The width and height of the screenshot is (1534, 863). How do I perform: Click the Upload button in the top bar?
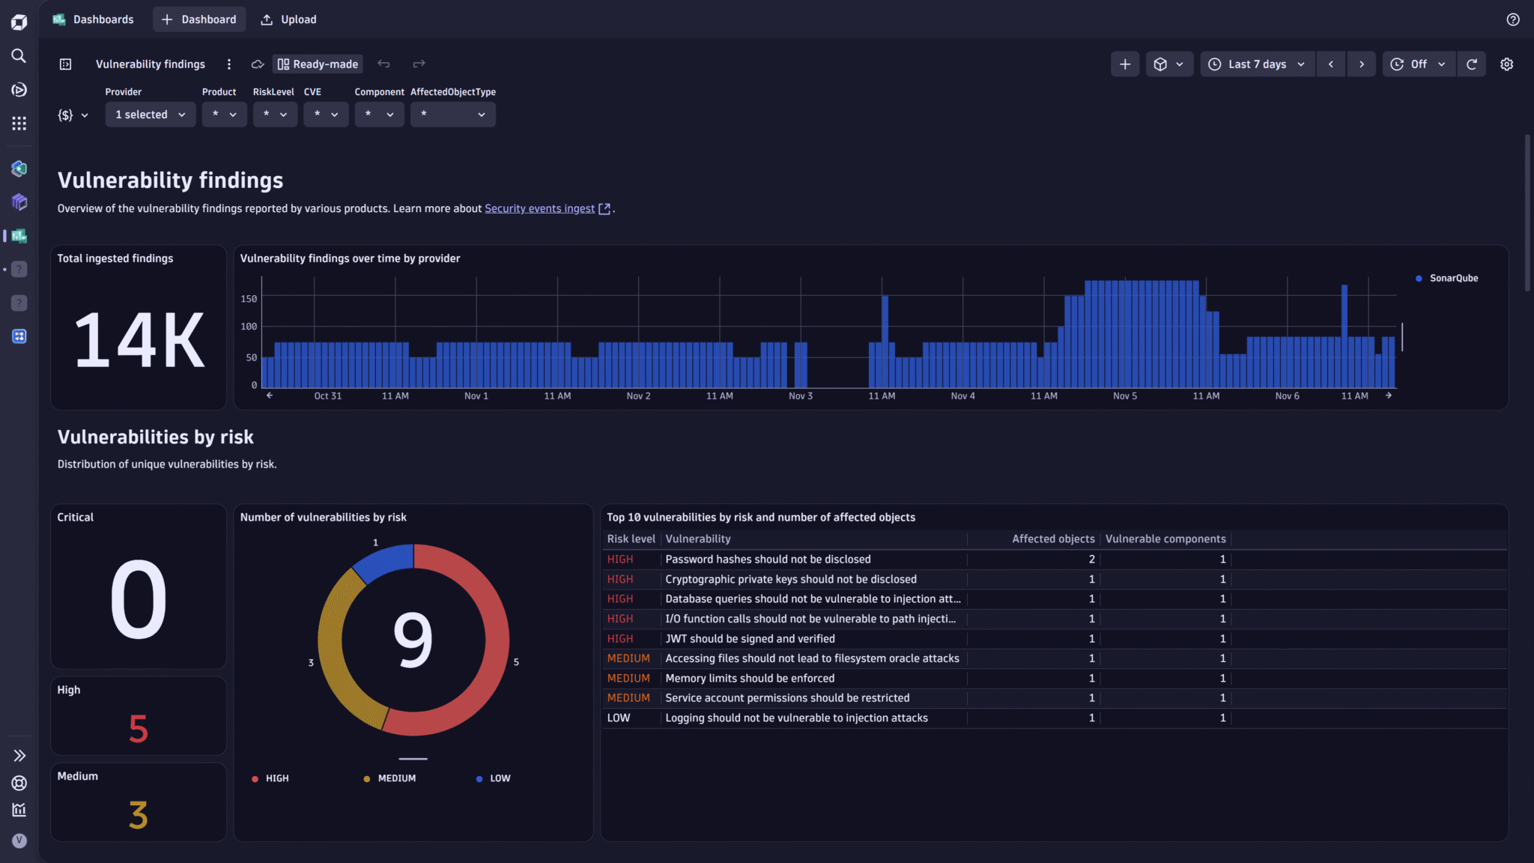coord(288,19)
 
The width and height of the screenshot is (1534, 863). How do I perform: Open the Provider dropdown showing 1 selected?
coord(150,115)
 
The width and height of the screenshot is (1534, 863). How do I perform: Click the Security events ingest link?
coord(539,209)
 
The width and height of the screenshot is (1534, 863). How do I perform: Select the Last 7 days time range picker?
coord(1257,64)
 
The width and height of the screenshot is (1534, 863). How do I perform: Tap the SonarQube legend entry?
coord(1452,279)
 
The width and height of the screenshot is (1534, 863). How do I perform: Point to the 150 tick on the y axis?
coord(249,299)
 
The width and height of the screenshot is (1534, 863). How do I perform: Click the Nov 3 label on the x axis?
coord(800,396)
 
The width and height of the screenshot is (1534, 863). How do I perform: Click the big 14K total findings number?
coord(139,341)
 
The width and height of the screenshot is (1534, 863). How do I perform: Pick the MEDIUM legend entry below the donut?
coord(396,779)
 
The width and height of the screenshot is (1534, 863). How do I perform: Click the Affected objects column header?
coord(1052,539)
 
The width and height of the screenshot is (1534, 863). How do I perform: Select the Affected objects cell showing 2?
coord(1091,560)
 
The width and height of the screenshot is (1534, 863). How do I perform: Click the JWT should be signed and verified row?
coord(750,639)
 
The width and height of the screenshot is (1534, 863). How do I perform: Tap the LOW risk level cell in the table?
coord(619,718)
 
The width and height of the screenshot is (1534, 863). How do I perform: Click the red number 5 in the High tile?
coord(139,729)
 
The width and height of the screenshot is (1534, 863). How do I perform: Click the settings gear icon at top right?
coord(1506,64)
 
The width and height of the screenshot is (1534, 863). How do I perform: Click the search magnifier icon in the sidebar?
coord(19,56)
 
